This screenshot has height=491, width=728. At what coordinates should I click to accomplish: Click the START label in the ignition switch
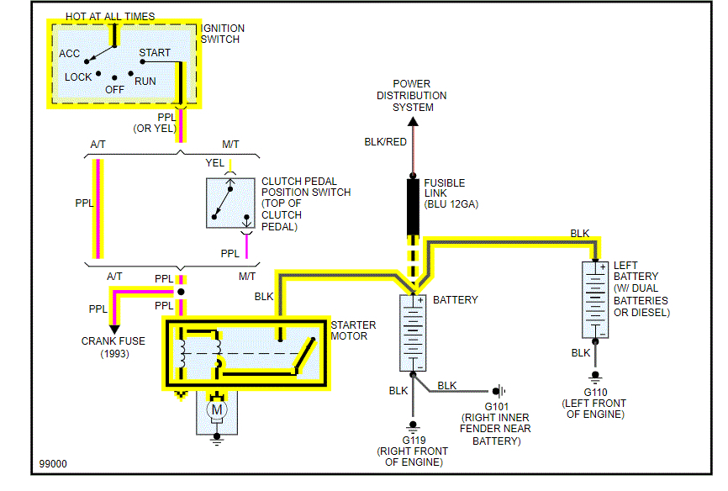pyautogui.click(x=155, y=53)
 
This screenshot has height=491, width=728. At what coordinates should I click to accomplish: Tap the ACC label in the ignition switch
pyautogui.click(x=70, y=54)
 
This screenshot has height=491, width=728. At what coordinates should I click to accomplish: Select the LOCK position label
pyautogui.click(x=78, y=77)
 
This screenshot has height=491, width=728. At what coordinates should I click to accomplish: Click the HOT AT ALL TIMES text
pyautogui.click(x=110, y=17)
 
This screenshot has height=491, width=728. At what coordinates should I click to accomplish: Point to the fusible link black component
pyautogui.click(x=413, y=206)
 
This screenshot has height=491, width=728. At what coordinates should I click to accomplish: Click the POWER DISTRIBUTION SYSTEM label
pyautogui.click(x=413, y=96)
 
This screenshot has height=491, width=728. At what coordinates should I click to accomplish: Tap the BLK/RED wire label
pyautogui.click(x=385, y=142)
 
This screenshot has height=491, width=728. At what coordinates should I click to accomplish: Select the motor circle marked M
pyautogui.click(x=217, y=409)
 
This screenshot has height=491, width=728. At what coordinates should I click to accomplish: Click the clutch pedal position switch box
pyautogui.click(x=230, y=203)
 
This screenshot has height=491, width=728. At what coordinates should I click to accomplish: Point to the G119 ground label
pyautogui.click(x=413, y=440)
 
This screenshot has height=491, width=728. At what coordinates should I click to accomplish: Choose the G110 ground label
pyautogui.click(x=596, y=393)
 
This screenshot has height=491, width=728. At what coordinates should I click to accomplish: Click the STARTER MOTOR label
pyautogui.click(x=353, y=331)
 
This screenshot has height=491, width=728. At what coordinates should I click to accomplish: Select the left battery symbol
pyautogui.click(x=596, y=299)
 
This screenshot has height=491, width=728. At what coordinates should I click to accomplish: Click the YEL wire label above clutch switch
pyautogui.click(x=215, y=162)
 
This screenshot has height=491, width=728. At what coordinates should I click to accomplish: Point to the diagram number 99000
pyautogui.click(x=53, y=463)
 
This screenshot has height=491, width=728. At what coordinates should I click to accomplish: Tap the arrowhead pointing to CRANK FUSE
pyautogui.click(x=113, y=329)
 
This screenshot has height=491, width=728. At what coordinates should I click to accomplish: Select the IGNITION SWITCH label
pyautogui.click(x=222, y=34)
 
